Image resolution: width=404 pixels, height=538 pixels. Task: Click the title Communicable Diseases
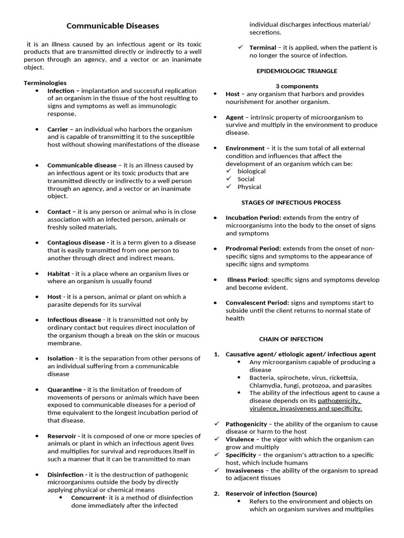coord(112,26)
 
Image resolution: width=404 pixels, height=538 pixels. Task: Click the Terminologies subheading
coord(45,83)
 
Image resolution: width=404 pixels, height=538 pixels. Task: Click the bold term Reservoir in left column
coord(64,436)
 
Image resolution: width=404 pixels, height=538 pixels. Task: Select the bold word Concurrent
coord(88,498)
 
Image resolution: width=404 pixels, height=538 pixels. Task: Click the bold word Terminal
coord(262,48)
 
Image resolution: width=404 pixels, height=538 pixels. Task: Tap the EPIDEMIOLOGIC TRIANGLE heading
coord(297,71)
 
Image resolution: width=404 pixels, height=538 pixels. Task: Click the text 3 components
coord(297,86)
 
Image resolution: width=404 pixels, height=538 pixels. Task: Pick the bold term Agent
coord(235,118)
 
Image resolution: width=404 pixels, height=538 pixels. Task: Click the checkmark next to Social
coord(229,179)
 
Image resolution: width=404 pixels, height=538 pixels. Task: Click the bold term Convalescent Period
coord(257,303)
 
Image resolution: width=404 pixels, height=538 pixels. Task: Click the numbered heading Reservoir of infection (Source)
coord(271,493)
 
